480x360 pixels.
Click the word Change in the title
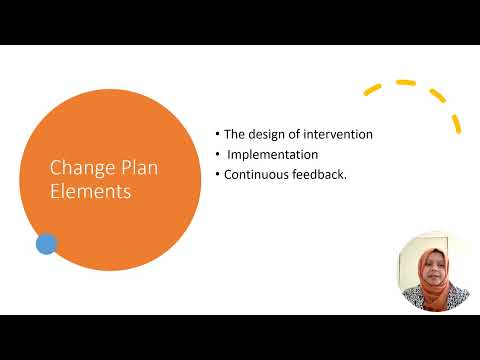pyautogui.click(x=76, y=167)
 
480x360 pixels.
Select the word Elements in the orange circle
pyautogui.click(x=90, y=191)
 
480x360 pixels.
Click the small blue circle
pyautogui.click(x=46, y=243)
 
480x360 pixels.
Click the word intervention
pyautogui.click(x=339, y=135)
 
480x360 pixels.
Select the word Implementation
pyautogui.click(x=272, y=155)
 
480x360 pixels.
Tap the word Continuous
pyautogui.click(x=259, y=175)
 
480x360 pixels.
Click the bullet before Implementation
pyautogui.click(x=217, y=155)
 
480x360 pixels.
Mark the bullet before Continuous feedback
pyautogui.click(x=217, y=175)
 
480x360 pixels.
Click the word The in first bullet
pyautogui.click(x=233, y=135)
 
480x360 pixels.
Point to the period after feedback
pyautogui.click(x=345, y=177)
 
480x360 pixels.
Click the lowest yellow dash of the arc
pyautogui.click(x=457, y=124)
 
